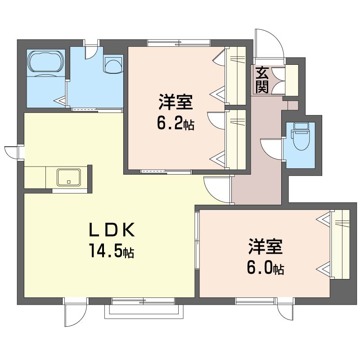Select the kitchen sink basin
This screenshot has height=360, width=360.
pyautogui.click(x=69, y=177)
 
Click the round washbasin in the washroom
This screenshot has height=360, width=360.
pyautogui.click(x=113, y=64)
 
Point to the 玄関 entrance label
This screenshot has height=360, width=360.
pyautogui.click(x=262, y=80)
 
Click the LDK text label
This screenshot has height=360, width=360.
pyautogui.click(x=112, y=230)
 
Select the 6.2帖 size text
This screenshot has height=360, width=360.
pyautogui.click(x=175, y=123)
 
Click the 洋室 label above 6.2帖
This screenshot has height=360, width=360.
pyautogui.click(x=175, y=102)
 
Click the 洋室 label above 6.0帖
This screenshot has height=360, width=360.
pyautogui.click(x=265, y=246)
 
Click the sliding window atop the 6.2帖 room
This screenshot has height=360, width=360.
pyautogui.click(x=179, y=43)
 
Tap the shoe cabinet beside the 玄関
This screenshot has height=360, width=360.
pyautogui.click(x=292, y=80)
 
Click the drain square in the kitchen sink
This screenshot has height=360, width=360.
pyautogui.click(x=69, y=182)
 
